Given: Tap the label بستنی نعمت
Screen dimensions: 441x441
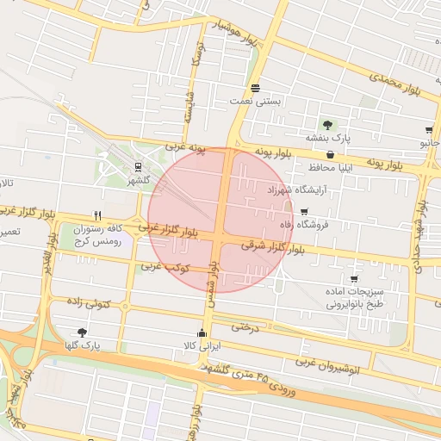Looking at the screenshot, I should [256, 101].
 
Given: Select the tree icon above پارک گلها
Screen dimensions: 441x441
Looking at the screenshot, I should [82, 332].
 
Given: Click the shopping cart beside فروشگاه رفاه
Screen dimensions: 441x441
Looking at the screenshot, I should [303, 211].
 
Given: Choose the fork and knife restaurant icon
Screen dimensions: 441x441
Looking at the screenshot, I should [98, 215].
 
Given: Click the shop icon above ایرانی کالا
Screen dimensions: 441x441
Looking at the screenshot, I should [202, 334].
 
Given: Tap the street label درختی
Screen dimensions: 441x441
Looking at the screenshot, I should [246, 326].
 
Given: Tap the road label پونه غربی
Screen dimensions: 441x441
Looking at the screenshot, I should [186, 147].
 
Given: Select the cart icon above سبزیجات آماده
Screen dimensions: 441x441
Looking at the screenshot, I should [355, 278].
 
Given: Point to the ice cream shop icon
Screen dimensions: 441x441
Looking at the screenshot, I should [255, 88].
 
